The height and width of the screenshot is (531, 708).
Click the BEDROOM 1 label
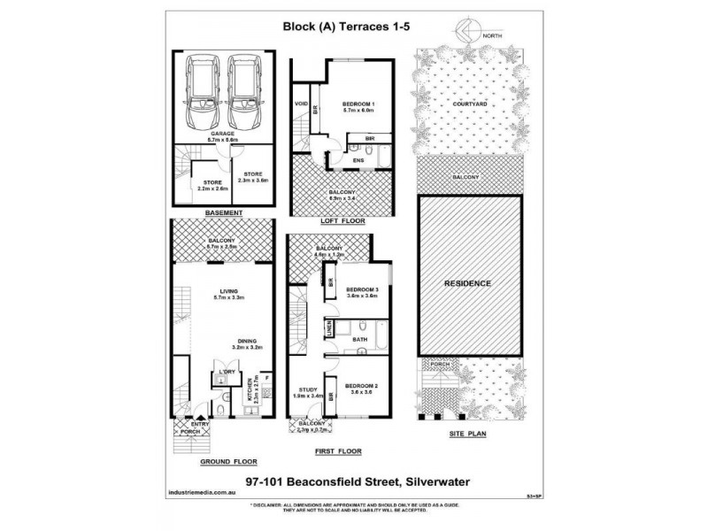coord(358,105)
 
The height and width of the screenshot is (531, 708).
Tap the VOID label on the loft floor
coord(300,104)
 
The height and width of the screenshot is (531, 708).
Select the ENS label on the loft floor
coord(358,160)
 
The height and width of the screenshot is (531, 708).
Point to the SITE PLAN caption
coord(466,437)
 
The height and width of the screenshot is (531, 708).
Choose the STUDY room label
coord(306,389)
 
